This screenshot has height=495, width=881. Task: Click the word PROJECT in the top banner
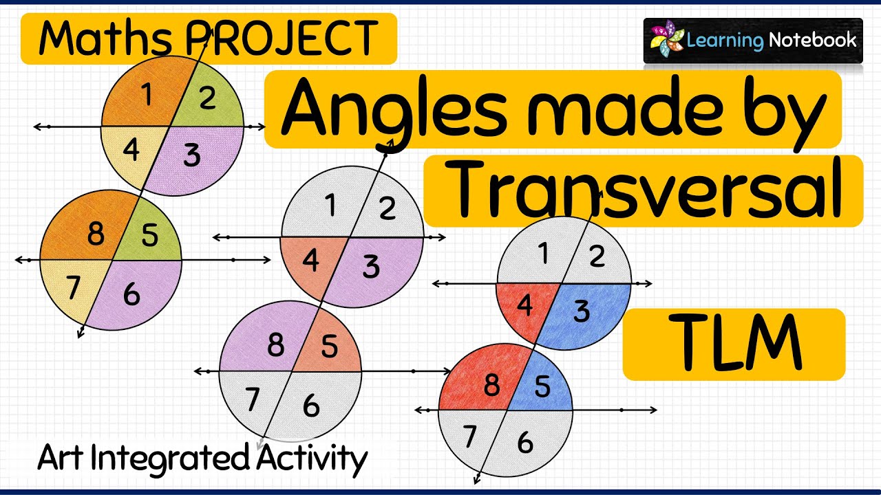tap(281, 38)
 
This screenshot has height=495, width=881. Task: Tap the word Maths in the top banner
tap(105, 38)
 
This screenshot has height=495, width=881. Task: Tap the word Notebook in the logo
tap(813, 39)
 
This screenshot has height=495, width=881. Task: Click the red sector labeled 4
tap(523, 307)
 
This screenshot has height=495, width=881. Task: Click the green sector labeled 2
tap(209, 100)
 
